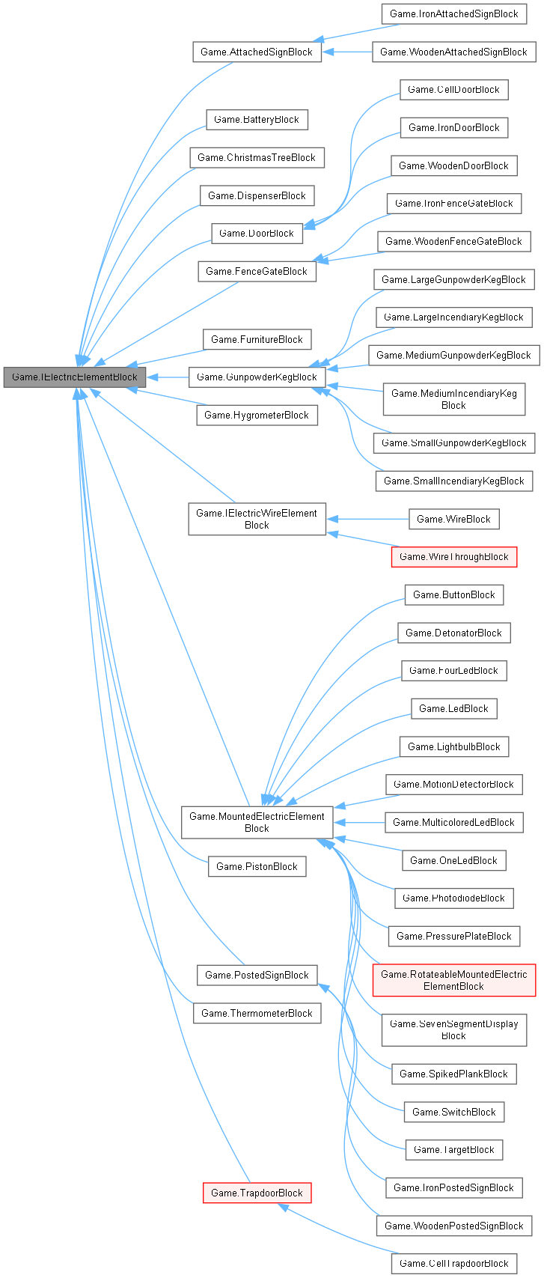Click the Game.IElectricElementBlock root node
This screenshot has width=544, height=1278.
coord(74,377)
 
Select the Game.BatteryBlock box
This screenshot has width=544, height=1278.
coord(257,120)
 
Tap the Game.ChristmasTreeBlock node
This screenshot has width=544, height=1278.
coord(257,158)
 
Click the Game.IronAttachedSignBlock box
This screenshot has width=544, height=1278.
coord(453,14)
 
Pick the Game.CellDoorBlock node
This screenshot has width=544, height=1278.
coord(453,90)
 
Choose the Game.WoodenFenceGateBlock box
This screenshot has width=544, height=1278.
coord(453,242)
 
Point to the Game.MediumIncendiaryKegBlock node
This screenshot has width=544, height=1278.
coord(453,399)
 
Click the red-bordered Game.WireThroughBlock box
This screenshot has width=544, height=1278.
coord(453,557)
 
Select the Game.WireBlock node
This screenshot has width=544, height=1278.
coord(453,520)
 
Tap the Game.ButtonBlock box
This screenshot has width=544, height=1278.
coord(453,595)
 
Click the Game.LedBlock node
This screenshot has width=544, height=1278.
coord(453,709)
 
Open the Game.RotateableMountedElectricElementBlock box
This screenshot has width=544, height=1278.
coord(453,980)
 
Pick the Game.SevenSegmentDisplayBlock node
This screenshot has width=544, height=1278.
coord(453,1029)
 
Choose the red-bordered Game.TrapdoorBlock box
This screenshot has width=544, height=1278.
coord(257,1193)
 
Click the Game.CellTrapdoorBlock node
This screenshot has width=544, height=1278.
coord(453,1264)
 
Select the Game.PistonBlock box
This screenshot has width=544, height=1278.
coord(257,867)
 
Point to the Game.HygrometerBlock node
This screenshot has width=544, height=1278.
coord(257,416)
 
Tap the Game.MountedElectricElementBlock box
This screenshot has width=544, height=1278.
coord(257,822)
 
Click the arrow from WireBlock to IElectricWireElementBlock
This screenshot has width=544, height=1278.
coord(367,520)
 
